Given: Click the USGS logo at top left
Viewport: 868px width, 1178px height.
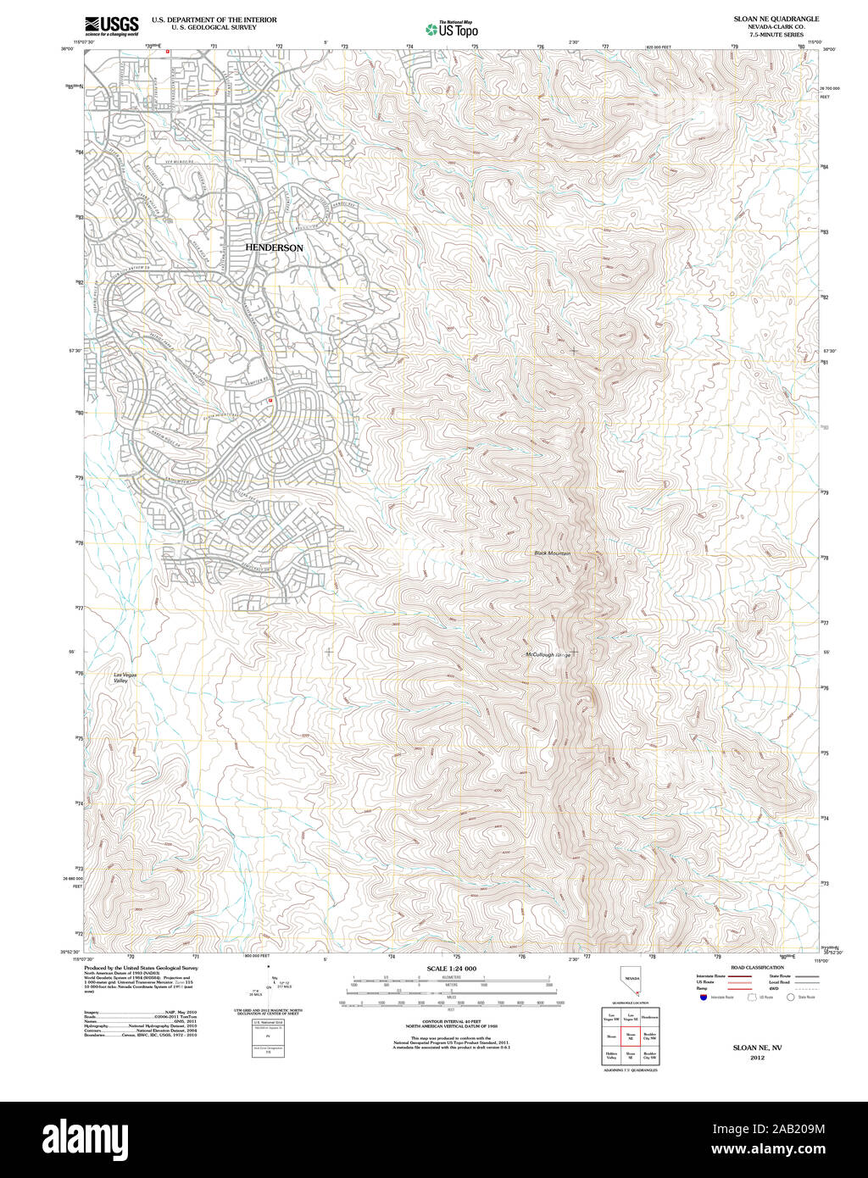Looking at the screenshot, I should point(112,25).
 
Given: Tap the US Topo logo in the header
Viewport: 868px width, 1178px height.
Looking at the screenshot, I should point(452,30).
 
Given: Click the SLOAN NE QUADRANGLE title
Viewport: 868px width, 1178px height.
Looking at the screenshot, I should point(776,18).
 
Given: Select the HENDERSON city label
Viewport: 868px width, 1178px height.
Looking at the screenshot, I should point(274,247).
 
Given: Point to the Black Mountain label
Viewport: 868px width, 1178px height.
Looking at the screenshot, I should point(553,553).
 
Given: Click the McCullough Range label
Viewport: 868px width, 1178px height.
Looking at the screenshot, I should point(548,655).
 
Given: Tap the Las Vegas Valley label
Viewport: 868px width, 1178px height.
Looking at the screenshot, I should point(125,677).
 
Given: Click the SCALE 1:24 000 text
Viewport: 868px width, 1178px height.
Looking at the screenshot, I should point(451,968).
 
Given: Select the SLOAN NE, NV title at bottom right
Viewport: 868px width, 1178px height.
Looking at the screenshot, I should point(757,1047).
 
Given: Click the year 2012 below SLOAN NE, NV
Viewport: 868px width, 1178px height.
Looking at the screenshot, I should point(757,1057).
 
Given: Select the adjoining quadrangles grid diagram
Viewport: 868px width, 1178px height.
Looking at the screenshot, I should point(631,1036).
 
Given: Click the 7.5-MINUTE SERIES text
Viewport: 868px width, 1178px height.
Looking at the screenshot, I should point(776,35).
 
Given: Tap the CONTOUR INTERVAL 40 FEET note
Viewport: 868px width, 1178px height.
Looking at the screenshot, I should point(451,1024).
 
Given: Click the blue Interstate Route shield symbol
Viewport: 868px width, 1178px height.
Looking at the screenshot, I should point(704,997).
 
